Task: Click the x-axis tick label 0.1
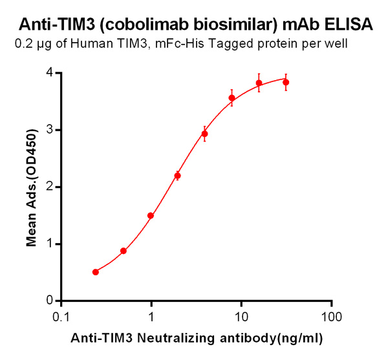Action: pos(61,317)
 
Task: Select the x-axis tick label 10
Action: pos(241,317)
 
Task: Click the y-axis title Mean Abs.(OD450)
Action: pos(30,187)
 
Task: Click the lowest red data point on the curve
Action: pos(96,272)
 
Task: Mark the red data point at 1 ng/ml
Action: pos(151,216)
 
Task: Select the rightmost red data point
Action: pos(286,82)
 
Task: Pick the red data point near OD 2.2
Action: pos(178,175)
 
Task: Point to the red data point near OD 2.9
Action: pos(204,134)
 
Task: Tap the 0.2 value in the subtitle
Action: pos(21,45)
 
